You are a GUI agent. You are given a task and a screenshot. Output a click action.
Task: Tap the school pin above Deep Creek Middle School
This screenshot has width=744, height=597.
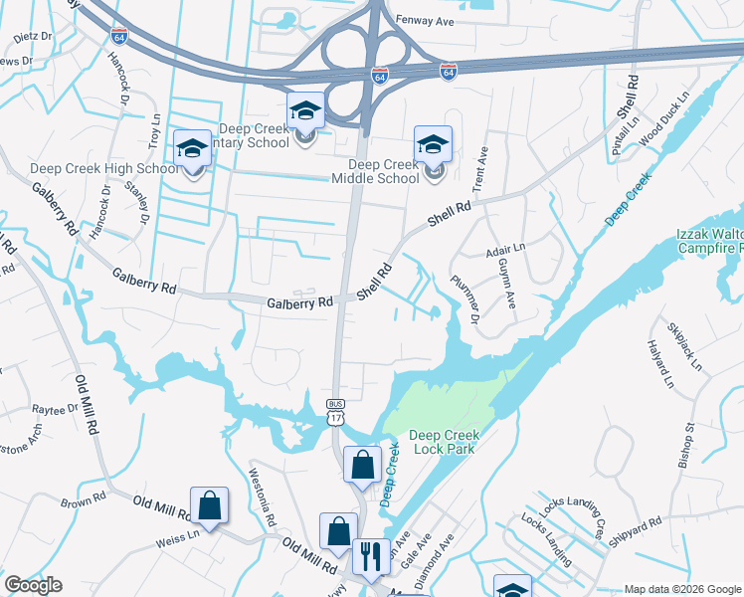(x=433, y=145)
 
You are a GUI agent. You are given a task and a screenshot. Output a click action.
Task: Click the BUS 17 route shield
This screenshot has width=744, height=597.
(x=335, y=412)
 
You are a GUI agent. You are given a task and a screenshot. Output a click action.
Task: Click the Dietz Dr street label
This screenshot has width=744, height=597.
(x=33, y=36)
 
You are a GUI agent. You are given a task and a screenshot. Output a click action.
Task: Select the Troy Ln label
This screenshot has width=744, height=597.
(x=154, y=131)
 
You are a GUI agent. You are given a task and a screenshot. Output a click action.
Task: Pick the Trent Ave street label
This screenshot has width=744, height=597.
(x=483, y=169)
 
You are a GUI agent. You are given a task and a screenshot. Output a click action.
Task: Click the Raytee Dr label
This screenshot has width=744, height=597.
(x=55, y=410)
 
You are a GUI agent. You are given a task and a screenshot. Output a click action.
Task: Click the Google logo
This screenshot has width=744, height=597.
(x=33, y=586)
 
